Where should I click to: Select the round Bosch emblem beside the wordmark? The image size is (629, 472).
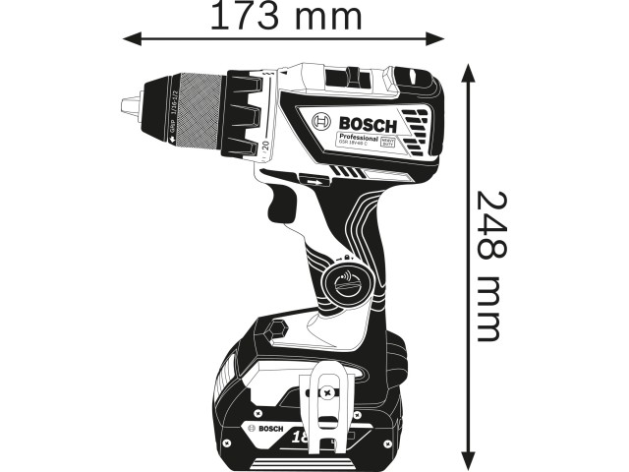click(321, 122)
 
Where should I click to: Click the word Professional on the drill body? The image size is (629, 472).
click(359, 140)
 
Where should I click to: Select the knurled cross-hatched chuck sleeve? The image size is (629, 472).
click(197, 110)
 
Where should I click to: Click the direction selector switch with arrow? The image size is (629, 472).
click(314, 181)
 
